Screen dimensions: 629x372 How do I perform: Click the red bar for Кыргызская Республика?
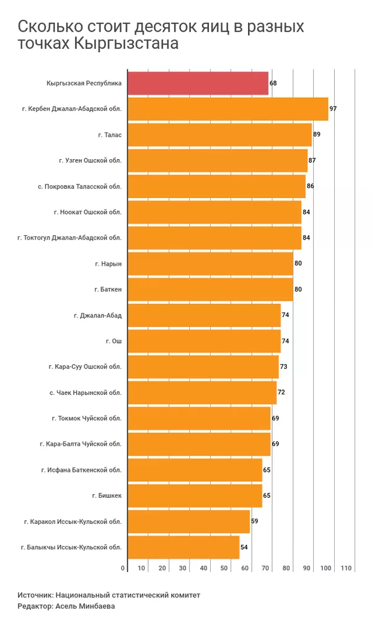click(x=198, y=83)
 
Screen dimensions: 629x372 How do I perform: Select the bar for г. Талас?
click(x=219, y=134)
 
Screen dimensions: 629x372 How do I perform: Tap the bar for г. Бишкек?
click(x=195, y=495)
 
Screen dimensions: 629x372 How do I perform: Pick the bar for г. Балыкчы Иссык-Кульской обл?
click(x=184, y=547)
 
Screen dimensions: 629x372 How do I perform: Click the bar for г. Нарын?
click(x=210, y=263)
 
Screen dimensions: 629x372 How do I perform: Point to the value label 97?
click(x=333, y=109)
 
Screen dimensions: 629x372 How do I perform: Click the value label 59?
click(x=254, y=521)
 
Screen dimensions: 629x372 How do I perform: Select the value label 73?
click(x=283, y=367)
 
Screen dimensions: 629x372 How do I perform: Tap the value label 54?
click(x=244, y=547)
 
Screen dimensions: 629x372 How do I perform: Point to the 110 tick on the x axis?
click(x=346, y=568)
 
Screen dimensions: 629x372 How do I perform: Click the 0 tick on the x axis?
click(x=123, y=568)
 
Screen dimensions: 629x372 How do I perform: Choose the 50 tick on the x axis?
click(x=224, y=568)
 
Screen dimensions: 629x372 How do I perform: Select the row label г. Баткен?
click(x=108, y=289)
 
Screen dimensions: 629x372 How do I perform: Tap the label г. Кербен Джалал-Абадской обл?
click(x=71, y=109)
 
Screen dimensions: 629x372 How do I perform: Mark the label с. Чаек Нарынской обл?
click(x=85, y=393)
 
